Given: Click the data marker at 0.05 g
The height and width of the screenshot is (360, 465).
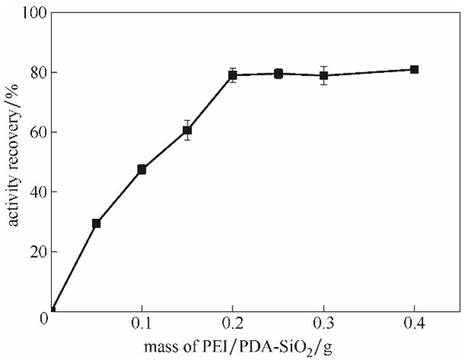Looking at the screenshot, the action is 96,223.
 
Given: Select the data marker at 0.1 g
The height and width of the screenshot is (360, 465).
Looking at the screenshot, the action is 142,169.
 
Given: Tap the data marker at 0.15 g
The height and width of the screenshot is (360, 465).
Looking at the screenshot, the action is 187,130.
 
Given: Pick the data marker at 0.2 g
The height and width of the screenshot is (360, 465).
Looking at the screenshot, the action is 232,75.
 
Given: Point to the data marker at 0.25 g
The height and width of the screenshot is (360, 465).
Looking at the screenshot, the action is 278,74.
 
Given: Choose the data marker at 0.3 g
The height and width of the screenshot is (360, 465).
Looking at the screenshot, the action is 323,76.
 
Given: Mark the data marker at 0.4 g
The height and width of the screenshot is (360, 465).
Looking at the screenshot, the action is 414,69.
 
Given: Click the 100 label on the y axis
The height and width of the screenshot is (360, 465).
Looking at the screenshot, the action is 34,13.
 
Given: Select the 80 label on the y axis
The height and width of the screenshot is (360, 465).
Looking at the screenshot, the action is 39,72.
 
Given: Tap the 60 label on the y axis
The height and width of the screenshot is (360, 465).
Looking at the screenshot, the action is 39,133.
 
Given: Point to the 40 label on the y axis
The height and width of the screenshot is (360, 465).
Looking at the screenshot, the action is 39,192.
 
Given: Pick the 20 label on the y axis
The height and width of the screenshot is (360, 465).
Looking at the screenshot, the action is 39,252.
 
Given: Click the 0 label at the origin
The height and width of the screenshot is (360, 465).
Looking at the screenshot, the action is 43,319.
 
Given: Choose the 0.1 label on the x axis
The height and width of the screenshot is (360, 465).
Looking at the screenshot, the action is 142,323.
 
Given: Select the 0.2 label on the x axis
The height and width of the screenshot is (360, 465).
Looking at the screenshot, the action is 233,323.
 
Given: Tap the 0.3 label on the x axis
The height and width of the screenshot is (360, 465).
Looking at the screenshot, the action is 323,323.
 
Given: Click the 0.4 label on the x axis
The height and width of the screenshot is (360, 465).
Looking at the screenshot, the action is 414,323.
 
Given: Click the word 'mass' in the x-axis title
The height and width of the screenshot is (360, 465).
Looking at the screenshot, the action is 159,346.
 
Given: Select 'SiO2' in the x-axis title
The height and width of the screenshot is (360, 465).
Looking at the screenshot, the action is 297,348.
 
